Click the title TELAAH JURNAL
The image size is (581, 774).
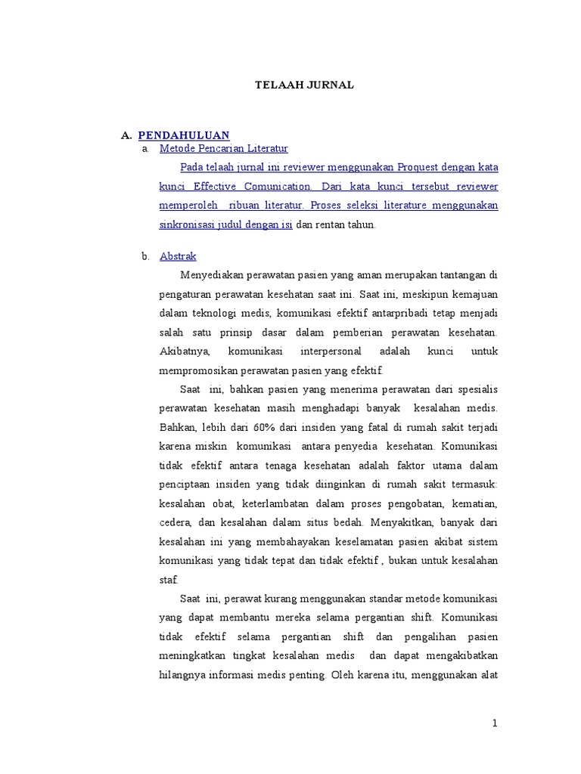point(303,85)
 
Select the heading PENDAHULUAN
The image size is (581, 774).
point(184,135)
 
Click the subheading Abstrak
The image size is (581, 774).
point(178,256)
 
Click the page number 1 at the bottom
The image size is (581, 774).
point(495,723)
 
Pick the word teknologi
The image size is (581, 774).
point(230,313)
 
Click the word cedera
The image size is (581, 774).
point(175,522)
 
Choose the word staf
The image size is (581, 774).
point(169,580)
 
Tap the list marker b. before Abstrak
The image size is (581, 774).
point(145,256)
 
